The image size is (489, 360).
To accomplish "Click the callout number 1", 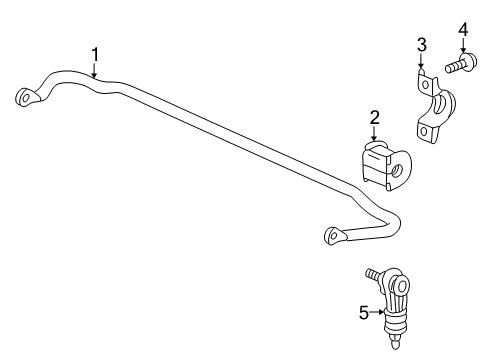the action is click(95, 53).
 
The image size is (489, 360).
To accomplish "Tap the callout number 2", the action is click(374, 119).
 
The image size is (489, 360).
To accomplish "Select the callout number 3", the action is click(422, 44).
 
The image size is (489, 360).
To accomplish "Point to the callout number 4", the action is click(463, 30).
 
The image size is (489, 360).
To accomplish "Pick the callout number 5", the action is click(365, 313).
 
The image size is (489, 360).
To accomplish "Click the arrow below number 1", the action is click(95, 70).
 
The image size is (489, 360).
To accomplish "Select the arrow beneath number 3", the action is click(422, 61).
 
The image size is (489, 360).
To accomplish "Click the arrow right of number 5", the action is click(381, 313).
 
